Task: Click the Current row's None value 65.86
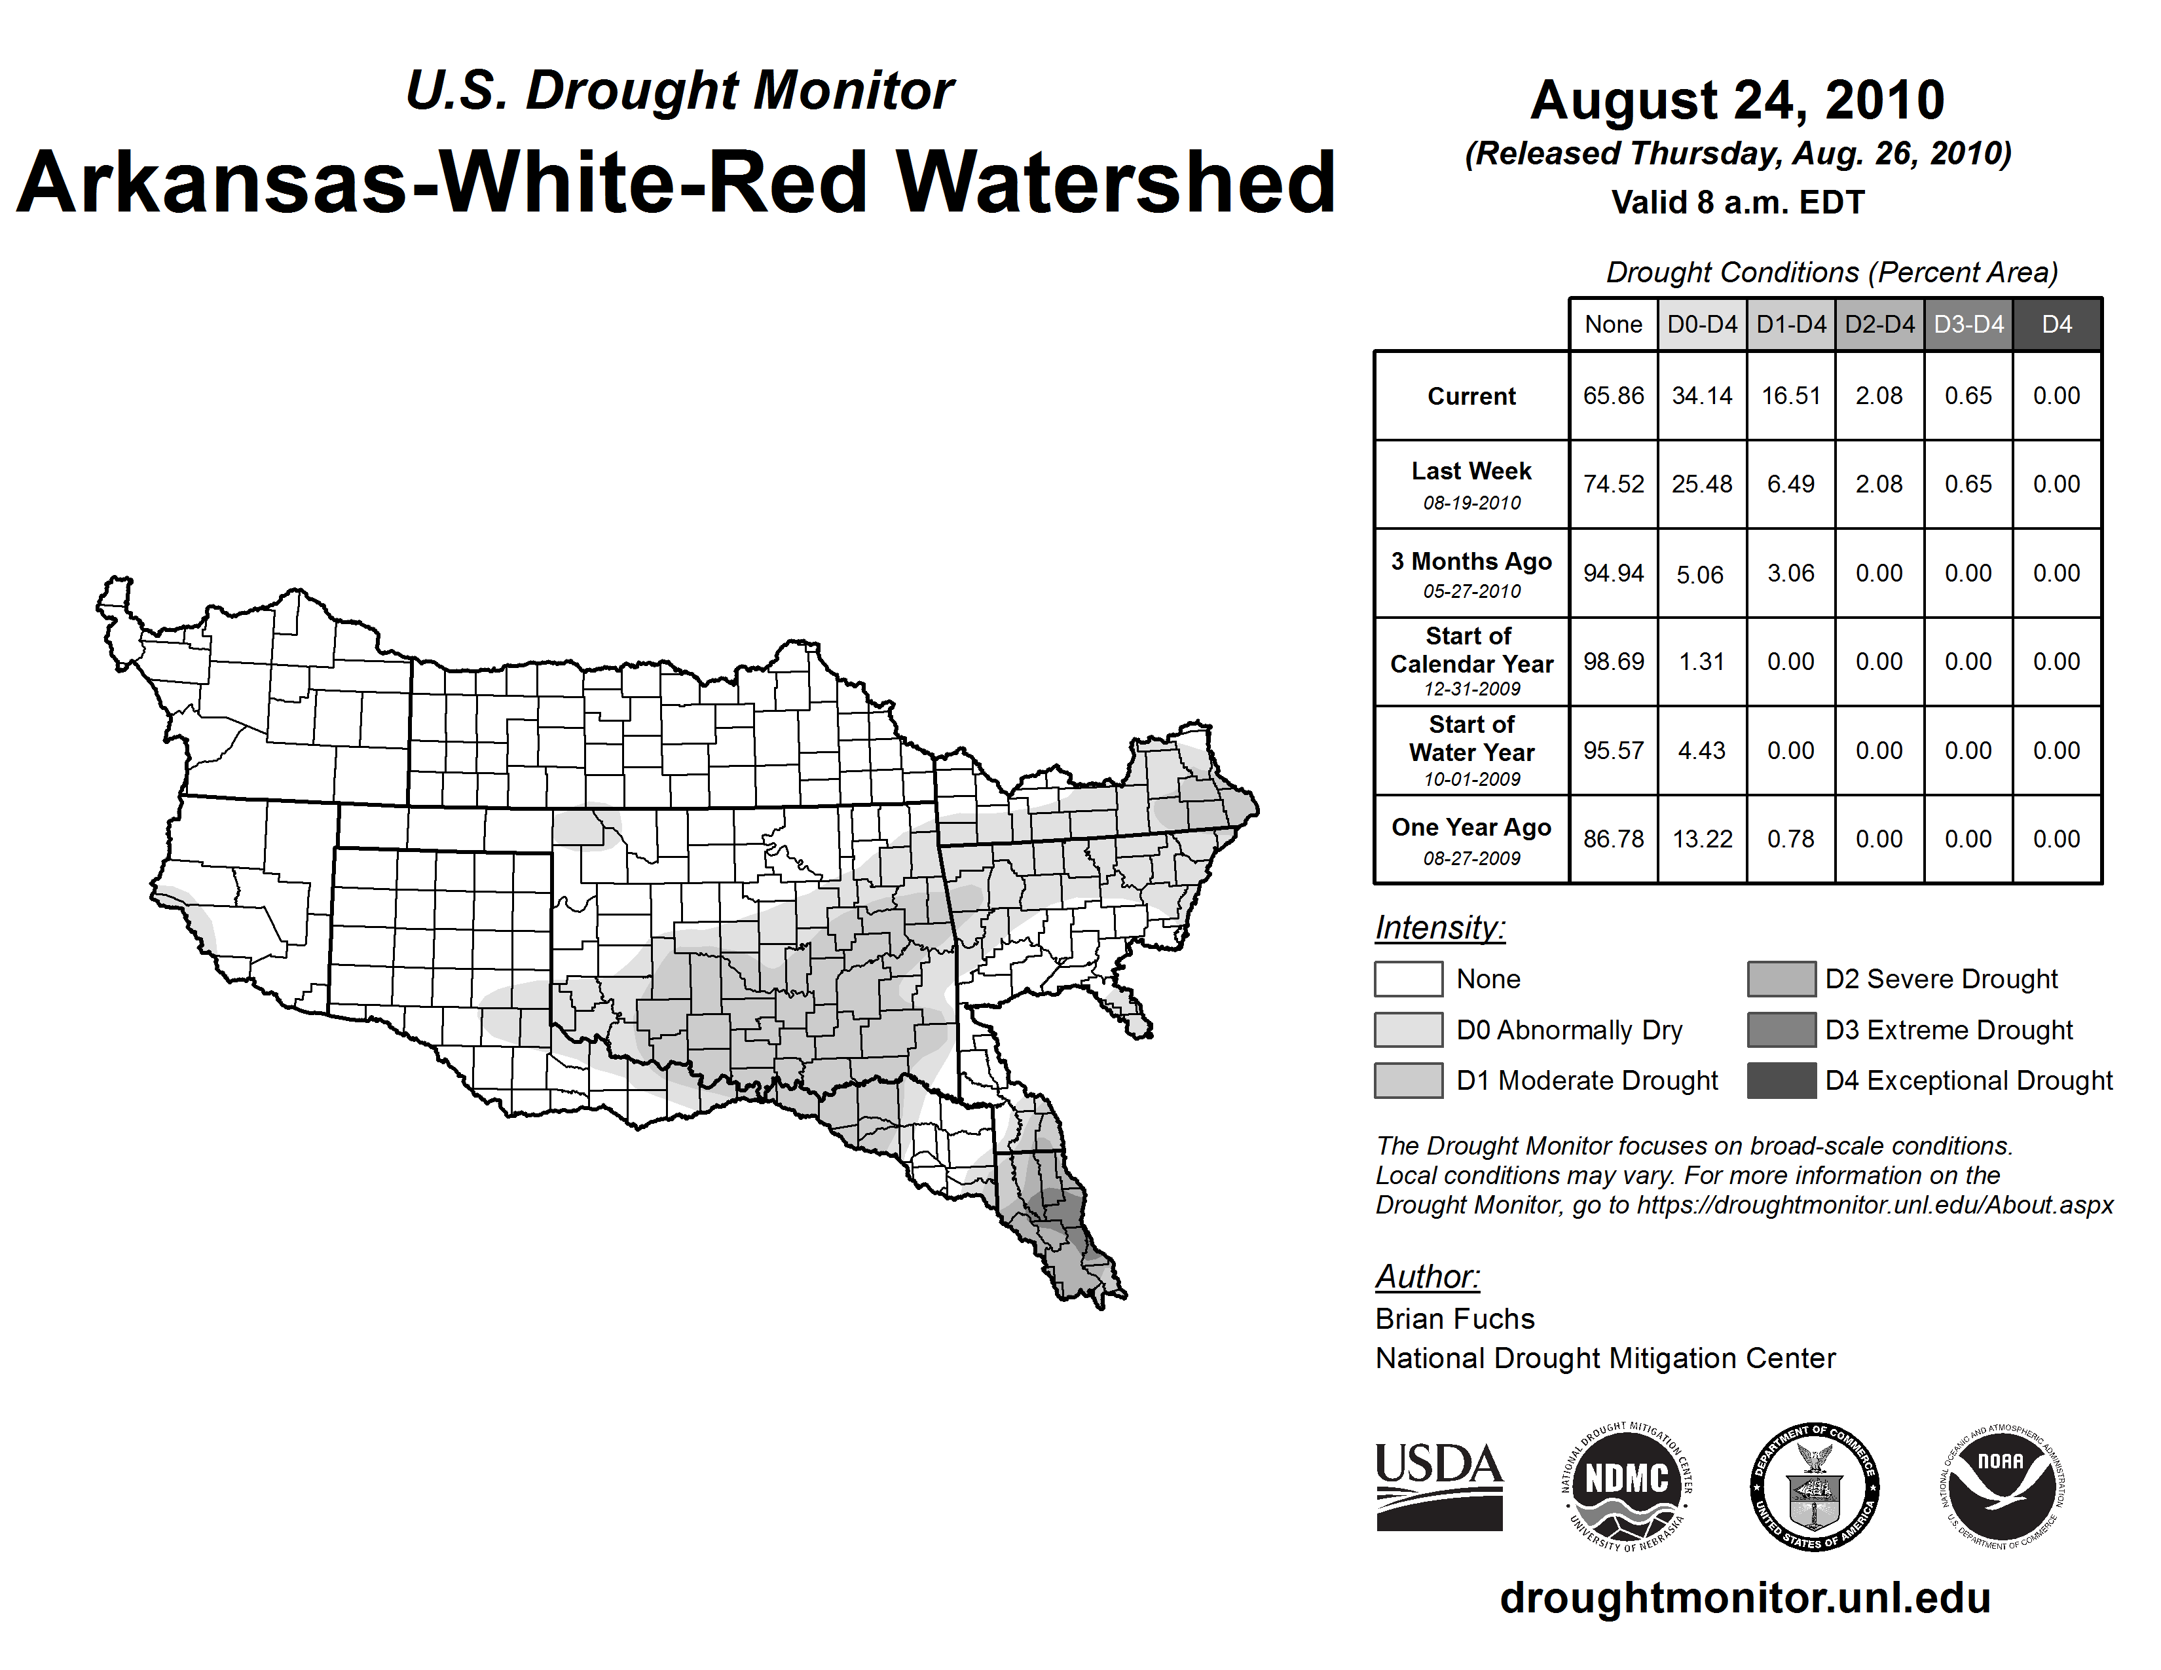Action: click(1613, 396)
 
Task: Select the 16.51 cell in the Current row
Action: click(1791, 396)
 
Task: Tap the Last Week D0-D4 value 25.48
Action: click(1702, 484)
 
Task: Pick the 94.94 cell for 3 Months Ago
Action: click(1613, 573)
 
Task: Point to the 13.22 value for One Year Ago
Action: click(1702, 839)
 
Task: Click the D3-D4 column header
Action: click(1968, 324)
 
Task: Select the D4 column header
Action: click(2056, 324)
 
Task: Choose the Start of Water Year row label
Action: click(1471, 750)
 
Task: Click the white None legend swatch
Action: click(1408, 978)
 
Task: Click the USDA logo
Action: click(1439, 1486)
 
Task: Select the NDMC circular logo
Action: click(1627, 1486)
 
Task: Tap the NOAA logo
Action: click(2001, 1486)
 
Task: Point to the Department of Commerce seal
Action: click(1815, 1486)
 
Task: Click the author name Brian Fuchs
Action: click(1454, 1319)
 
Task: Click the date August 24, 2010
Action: click(1737, 100)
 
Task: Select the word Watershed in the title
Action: click(1115, 182)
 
